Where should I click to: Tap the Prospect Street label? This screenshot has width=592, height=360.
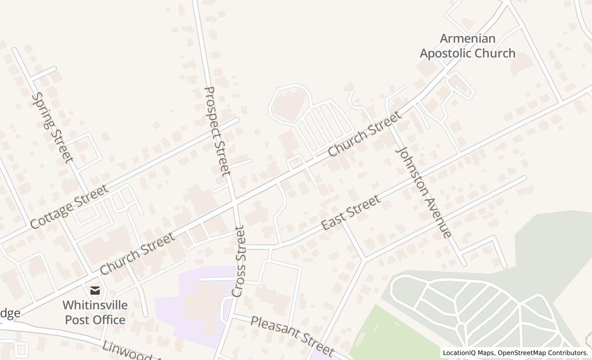point(217,131)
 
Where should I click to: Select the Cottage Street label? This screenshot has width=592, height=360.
point(69,207)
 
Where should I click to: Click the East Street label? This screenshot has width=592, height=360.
point(351,212)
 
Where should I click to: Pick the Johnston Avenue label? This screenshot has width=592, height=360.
point(424,192)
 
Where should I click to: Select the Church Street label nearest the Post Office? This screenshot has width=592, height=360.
point(137,253)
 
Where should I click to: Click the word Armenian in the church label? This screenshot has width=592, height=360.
point(468,39)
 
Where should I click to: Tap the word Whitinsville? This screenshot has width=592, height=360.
point(95,305)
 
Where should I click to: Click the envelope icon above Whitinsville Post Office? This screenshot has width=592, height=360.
point(95,291)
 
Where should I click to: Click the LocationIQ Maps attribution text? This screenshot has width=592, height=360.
point(468,353)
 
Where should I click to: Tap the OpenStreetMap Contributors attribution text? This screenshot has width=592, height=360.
point(543,353)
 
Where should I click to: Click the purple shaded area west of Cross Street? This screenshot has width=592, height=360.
point(198,303)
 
